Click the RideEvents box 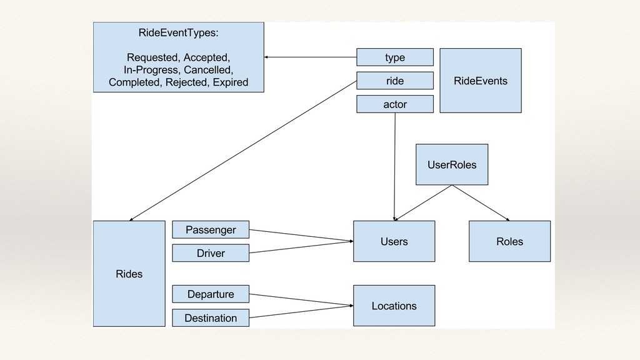pyautogui.click(x=481, y=81)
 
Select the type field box pyautogui.click(x=395, y=57)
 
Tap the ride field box pyautogui.click(x=395, y=81)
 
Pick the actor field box pyautogui.click(x=395, y=104)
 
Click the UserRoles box pyautogui.click(x=452, y=164)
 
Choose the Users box pyautogui.click(x=394, y=241)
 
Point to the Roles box pyautogui.click(x=509, y=241)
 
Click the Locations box pyautogui.click(x=394, y=306)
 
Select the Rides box pyautogui.click(x=129, y=274)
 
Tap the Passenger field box pyautogui.click(x=211, y=230)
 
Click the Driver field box pyautogui.click(x=211, y=253)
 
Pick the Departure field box pyautogui.click(x=211, y=294)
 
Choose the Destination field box pyautogui.click(x=211, y=317)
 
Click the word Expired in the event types pyautogui.click(x=230, y=82)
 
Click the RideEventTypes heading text pyautogui.click(x=178, y=32)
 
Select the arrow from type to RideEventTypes pyautogui.click(x=310, y=57)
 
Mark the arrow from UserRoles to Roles pyautogui.click(x=481, y=203)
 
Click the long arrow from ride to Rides pyautogui.click(x=243, y=151)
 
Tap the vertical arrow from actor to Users pyautogui.click(x=395, y=167)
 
